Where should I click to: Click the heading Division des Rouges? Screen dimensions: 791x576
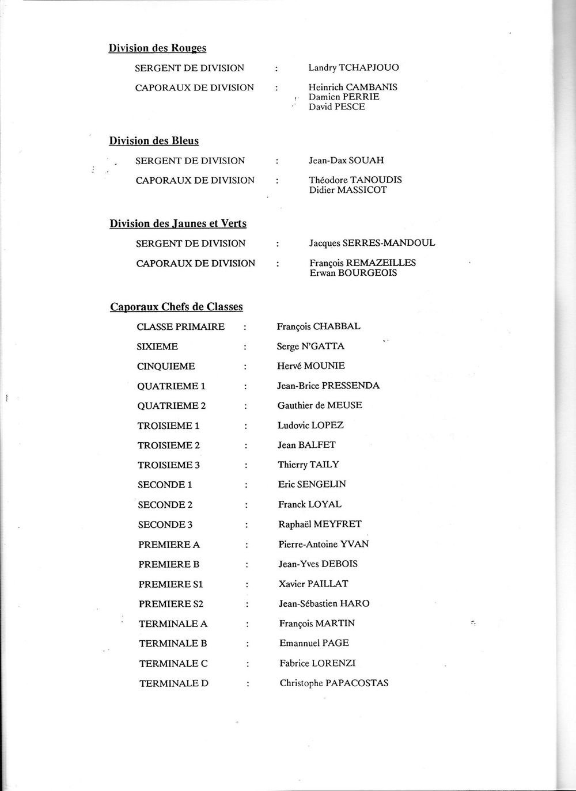tap(157, 48)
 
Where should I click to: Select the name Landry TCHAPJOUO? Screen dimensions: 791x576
tap(353, 68)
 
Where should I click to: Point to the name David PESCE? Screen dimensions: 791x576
tap(336, 107)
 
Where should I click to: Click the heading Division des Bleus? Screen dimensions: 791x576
tap(154, 141)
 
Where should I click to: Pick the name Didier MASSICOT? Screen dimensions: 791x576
tap(348, 190)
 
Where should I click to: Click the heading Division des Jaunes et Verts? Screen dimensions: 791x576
tap(177, 223)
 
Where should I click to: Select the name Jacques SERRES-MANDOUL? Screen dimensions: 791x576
tap(372, 244)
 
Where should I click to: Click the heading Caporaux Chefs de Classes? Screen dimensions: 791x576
tap(176, 307)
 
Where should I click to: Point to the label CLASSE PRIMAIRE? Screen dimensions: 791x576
tap(181, 327)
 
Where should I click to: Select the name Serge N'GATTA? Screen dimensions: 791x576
tap(310, 347)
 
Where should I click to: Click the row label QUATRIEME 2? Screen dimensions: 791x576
tap(172, 406)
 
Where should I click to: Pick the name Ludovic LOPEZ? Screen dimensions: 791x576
tap(310, 425)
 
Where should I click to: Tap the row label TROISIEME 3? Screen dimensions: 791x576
tap(169, 465)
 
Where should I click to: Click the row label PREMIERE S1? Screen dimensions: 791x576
tap(171, 584)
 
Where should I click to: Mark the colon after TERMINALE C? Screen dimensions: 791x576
tap(247, 664)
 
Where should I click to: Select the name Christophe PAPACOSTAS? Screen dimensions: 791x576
tap(334, 683)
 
